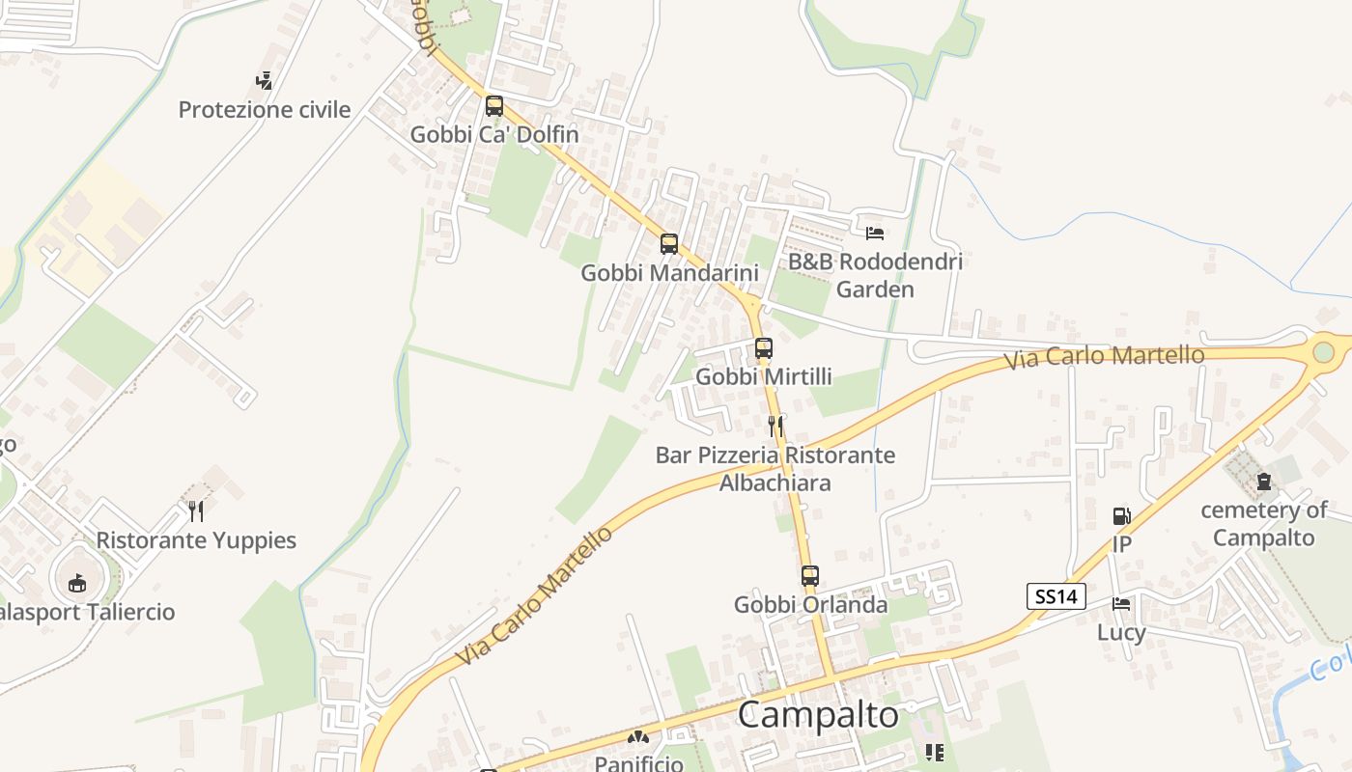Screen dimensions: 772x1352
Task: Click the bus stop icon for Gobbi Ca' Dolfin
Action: [x=494, y=106]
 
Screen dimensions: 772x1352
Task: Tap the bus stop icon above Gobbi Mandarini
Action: [x=669, y=244]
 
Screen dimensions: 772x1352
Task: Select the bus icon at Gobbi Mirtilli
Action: [x=764, y=347]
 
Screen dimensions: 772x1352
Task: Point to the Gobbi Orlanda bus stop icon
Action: [x=810, y=576]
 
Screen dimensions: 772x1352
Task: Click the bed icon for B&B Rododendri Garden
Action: [x=875, y=233]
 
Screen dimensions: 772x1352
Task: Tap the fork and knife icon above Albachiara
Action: [x=775, y=426]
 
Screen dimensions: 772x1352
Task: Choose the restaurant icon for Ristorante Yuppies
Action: [x=196, y=510]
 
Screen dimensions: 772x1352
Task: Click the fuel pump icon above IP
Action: [x=1121, y=516]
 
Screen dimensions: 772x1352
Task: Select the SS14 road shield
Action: [x=1056, y=596]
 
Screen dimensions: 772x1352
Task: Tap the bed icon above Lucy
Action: [x=1121, y=604]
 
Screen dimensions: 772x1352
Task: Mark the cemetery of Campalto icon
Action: [x=1264, y=482]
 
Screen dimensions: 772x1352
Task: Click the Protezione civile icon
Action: [x=264, y=80]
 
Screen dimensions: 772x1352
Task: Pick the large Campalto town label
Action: [x=818, y=715]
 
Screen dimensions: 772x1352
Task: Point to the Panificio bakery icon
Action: [x=636, y=738]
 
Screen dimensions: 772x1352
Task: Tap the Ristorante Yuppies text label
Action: [x=196, y=539]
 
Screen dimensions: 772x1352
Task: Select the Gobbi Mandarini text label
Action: [x=669, y=273]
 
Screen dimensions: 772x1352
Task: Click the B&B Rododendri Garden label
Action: [x=875, y=275]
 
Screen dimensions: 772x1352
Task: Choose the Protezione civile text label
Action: [x=265, y=110]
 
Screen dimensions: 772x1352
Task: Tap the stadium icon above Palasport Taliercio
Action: [x=77, y=583]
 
